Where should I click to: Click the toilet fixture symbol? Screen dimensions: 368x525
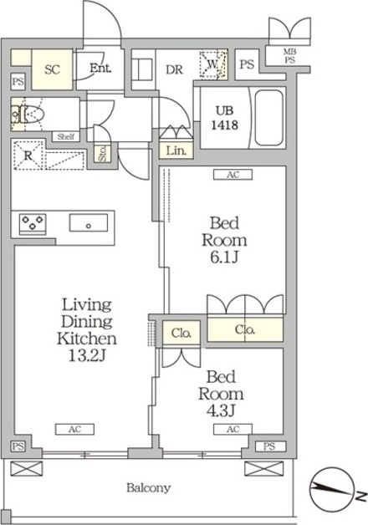click(x=28, y=114)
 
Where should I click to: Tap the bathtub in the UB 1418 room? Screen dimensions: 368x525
click(x=268, y=117)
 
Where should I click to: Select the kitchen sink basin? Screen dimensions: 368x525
click(x=89, y=222)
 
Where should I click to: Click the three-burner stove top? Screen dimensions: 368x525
click(x=33, y=223)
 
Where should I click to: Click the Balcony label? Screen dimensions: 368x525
click(x=148, y=488)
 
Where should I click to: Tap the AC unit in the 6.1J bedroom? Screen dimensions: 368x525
click(x=233, y=175)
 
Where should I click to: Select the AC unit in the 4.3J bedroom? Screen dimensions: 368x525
click(x=233, y=429)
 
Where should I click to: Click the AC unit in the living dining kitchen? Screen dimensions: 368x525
click(x=74, y=429)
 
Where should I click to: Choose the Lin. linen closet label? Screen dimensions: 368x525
click(x=176, y=151)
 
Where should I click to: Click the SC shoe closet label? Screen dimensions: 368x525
click(x=52, y=69)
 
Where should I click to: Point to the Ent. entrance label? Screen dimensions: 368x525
click(x=100, y=69)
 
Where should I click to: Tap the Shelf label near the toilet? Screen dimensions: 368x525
click(x=66, y=136)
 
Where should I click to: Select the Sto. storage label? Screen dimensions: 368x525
click(x=103, y=154)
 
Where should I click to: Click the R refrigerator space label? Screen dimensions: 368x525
click(x=28, y=155)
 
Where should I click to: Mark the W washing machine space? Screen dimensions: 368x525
click(x=213, y=64)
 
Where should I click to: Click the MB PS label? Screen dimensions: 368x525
click(x=290, y=56)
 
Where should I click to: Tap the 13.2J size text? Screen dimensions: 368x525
click(x=87, y=356)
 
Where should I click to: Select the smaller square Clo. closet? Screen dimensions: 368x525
click(x=181, y=333)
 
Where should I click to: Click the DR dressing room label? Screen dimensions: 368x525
click(x=175, y=69)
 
